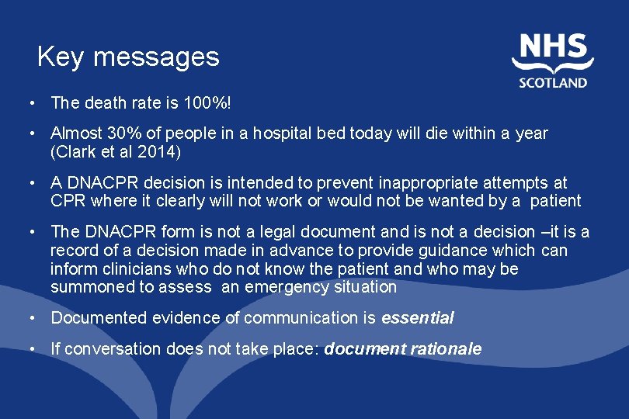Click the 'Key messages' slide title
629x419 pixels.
tap(128, 57)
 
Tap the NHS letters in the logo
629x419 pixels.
tap(553, 47)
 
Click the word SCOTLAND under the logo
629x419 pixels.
tap(554, 81)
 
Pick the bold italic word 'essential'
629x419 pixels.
tap(418, 317)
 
